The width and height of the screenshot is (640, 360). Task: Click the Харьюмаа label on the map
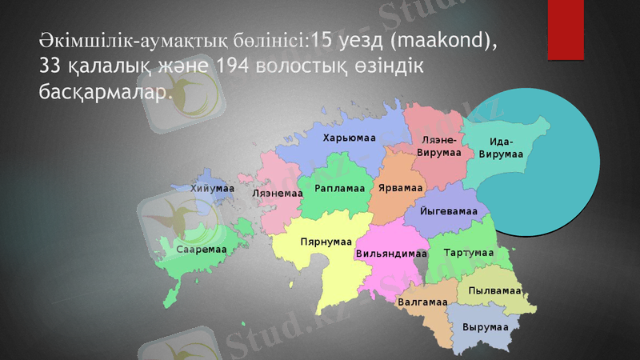349,138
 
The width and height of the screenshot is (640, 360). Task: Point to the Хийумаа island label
212,188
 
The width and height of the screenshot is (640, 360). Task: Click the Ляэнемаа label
277,194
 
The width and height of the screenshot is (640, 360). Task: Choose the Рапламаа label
340,189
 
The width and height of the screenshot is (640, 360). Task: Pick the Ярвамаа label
401,189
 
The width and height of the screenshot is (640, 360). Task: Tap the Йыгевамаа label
449,211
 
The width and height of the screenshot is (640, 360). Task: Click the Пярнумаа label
326,242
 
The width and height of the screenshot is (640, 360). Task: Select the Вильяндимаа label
390,254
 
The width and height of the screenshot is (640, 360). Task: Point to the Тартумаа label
468,253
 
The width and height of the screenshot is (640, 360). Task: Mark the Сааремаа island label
202,250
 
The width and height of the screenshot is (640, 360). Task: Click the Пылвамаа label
494,290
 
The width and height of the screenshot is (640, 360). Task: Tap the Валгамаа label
422,303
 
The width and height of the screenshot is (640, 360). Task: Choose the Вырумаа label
485,328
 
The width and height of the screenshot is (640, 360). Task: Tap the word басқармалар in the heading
105,92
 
